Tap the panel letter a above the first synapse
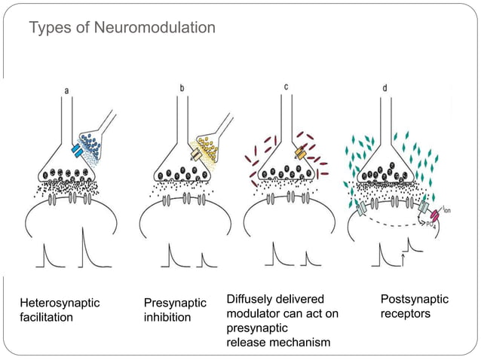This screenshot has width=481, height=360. click(66, 90)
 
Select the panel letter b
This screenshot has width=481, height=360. click(182, 89)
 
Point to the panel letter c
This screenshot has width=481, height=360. click(286, 87)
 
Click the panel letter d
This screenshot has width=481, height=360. click(385, 88)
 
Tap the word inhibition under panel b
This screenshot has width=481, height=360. click(167, 317)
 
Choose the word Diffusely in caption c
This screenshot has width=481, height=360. click(251, 300)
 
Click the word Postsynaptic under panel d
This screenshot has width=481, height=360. click(415, 299)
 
